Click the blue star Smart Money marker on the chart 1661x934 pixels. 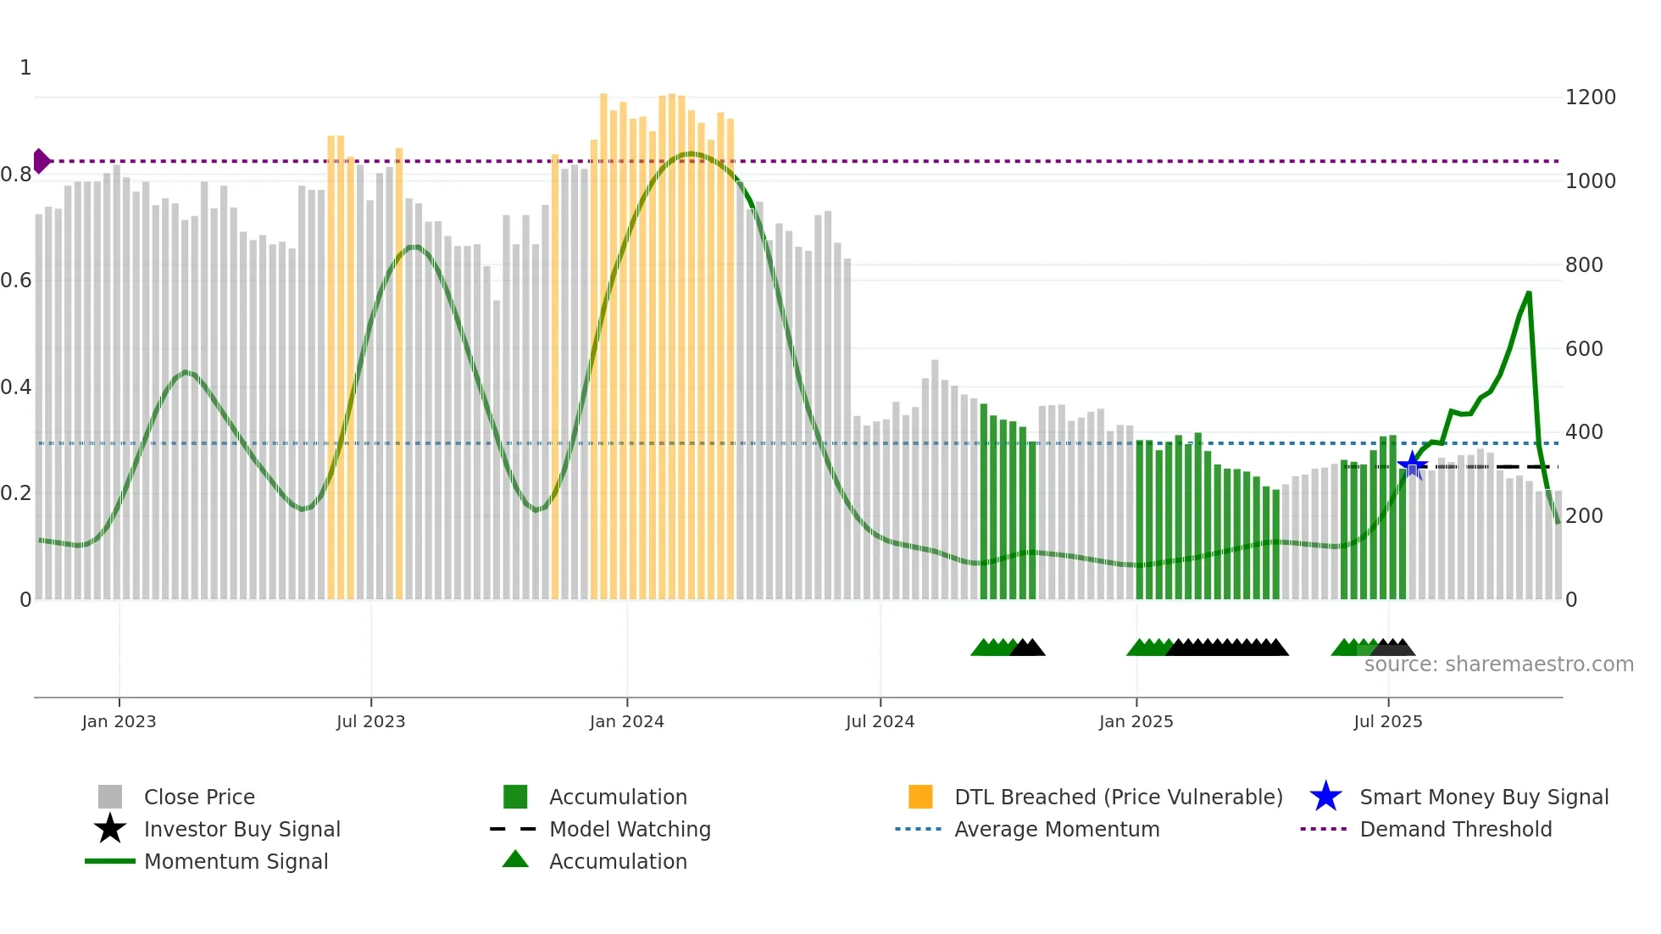click(1412, 464)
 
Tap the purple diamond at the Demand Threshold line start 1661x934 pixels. click(41, 161)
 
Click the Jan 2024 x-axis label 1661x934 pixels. click(626, 721)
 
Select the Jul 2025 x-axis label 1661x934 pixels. click(1387, 721)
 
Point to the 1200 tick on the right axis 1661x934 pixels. click(1590, 97)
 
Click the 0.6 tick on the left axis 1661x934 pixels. click(17, 281)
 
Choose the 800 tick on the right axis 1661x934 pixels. click(1584, 265)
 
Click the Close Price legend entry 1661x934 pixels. click(199, 797)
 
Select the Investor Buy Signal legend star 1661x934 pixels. click(110, 829)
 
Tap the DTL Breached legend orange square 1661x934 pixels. click(920, 797)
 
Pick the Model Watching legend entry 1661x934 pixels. click(630, 829)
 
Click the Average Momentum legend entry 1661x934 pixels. click(1057, 829)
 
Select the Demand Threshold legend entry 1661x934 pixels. click(1455, 829)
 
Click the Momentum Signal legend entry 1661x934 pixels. click(236, 861)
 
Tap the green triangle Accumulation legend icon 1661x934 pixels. click(515, 859)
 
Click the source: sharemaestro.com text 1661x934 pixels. click(1498, 664)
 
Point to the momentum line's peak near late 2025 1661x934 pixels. click(1529, 293)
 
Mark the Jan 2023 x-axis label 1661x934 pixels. click(119, 721)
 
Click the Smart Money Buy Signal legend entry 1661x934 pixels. click(1483, 797)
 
